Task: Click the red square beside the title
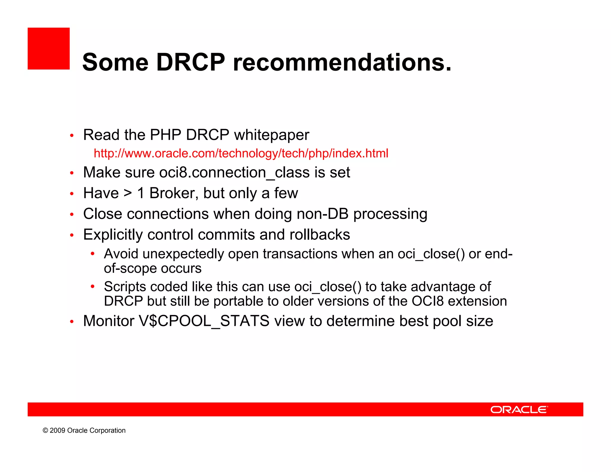point(49,49)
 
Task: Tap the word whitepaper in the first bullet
point(271,135)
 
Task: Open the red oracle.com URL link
point(241,153)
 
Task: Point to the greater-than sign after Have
point(128,193)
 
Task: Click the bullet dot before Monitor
point(72,322)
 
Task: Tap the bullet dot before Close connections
point(72,214)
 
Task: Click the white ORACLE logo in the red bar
point(519,409)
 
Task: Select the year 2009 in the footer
point(57,431)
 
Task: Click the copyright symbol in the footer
point(45,431)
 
